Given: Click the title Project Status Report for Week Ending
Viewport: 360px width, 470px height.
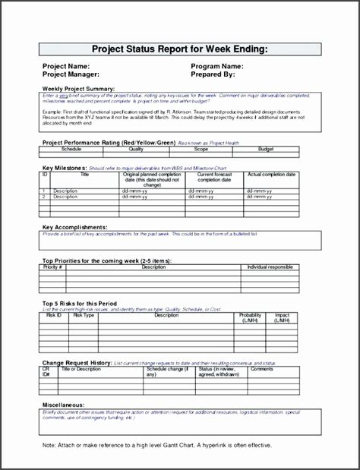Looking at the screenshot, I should click(180, 49).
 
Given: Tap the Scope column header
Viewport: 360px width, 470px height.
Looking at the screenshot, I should click(221, 150).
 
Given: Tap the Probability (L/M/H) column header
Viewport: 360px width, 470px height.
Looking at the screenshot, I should click(252, 317).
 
